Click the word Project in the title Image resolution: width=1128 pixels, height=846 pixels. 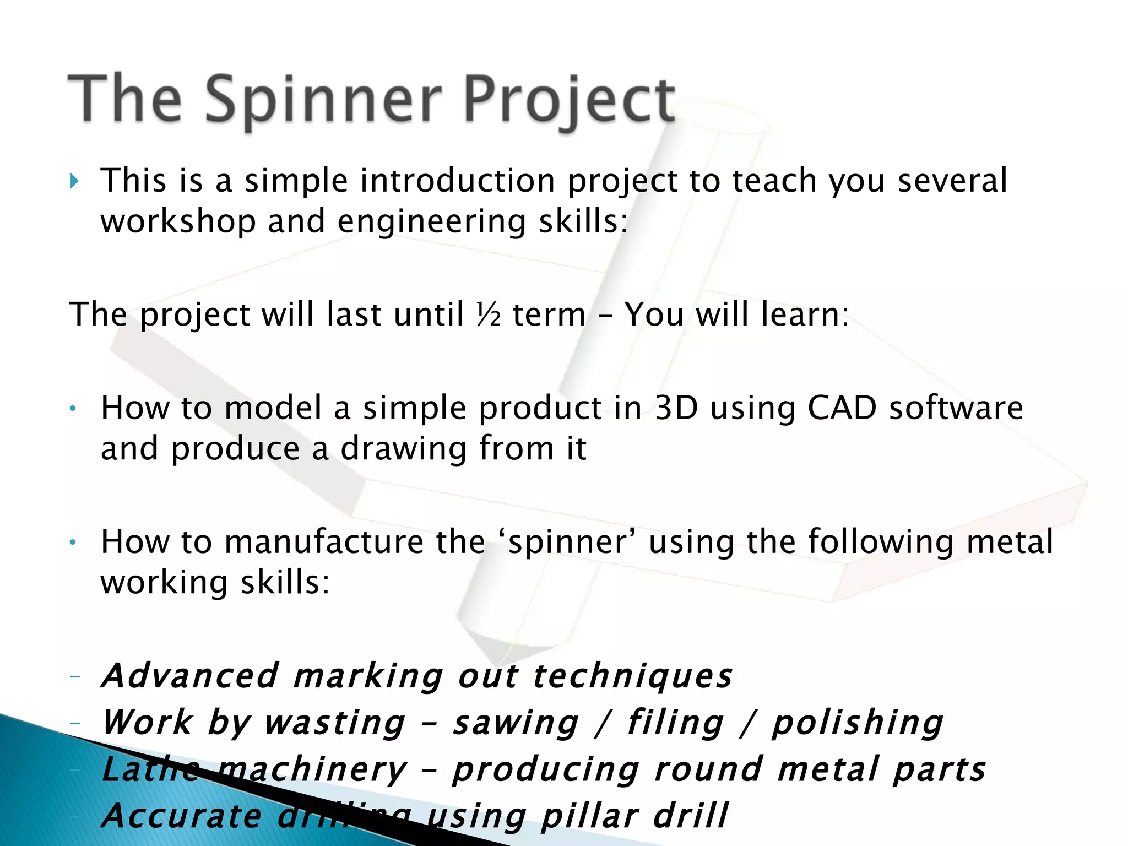570,100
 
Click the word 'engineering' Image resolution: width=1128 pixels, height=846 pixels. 431,222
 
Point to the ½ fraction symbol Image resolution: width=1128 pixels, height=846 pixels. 489,315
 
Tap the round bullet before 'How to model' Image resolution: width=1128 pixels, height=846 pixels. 72,409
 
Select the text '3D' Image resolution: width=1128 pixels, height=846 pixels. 676,409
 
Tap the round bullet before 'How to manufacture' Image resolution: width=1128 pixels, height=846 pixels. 72,543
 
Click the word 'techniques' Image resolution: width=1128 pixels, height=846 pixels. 633,676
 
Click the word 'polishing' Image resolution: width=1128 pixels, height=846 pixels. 858,723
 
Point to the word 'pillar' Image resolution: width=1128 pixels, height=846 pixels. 590,816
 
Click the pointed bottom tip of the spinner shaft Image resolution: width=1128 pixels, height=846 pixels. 498,664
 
